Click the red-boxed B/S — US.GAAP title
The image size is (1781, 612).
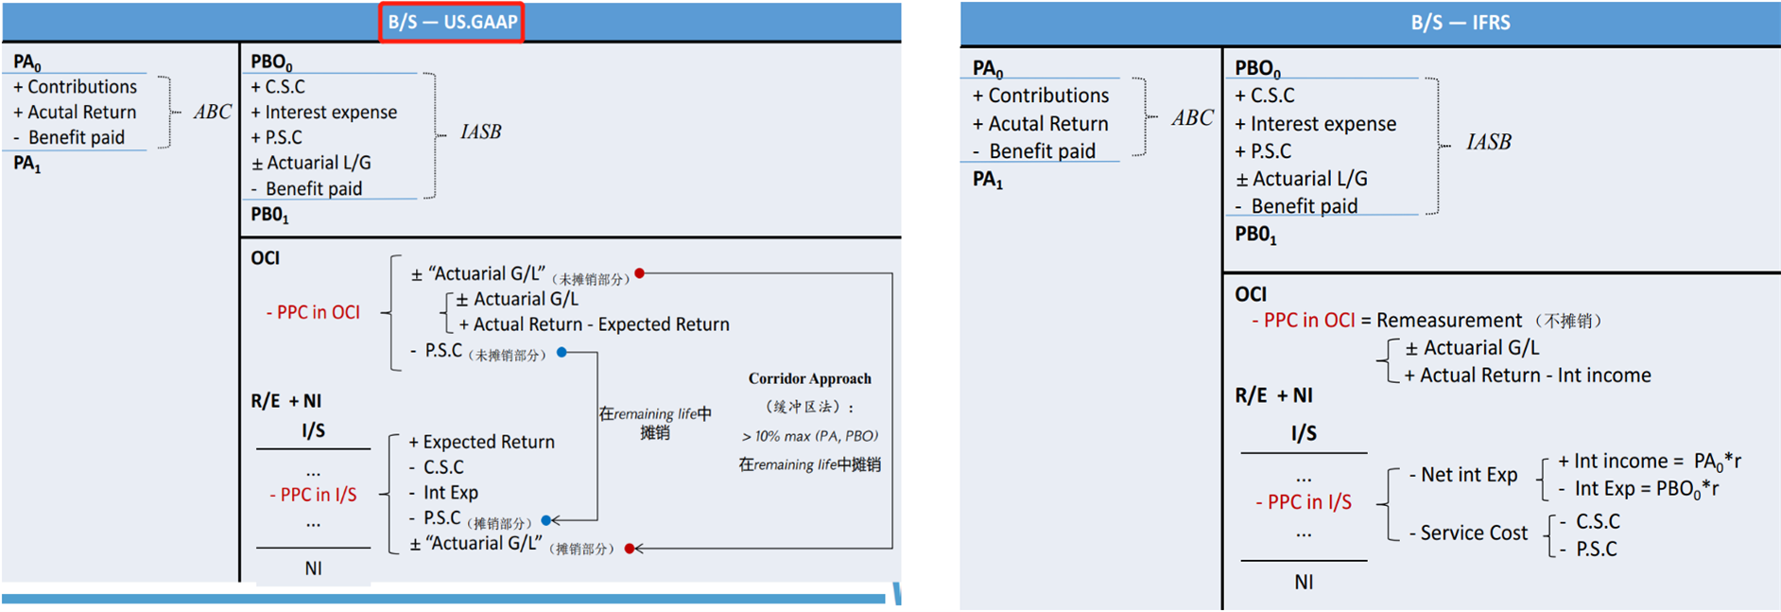click(452, 22)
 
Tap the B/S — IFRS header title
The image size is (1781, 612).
click(1460, 23)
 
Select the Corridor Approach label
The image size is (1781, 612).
click(809, 378)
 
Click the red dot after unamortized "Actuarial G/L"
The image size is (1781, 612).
click(640, 273)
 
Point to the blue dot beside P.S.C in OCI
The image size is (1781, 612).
click(562, 352)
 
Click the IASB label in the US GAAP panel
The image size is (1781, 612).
click(480, 131)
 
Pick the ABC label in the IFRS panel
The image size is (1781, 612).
click(1192, 118)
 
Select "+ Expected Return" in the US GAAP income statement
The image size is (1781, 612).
click(481, 442)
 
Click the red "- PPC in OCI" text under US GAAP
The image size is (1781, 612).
click(313, 312)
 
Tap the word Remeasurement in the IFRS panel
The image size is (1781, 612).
click(1448, 321)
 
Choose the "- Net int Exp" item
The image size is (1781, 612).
click(1462, 475)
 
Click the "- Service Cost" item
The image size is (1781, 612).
click(1467, 533)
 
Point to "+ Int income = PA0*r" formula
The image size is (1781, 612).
click(1649, 462)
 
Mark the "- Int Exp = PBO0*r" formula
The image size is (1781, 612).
click(1638, 489)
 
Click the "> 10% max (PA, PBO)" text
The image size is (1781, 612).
click(809, 436)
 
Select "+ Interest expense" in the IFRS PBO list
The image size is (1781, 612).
click(1315, 124)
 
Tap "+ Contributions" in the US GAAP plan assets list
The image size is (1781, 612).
click(75, 87)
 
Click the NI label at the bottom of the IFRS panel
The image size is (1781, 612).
click(1303, 583)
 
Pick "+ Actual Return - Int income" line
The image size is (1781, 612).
click(1527, 376)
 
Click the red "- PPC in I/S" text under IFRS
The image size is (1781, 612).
click(1303, 502)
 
